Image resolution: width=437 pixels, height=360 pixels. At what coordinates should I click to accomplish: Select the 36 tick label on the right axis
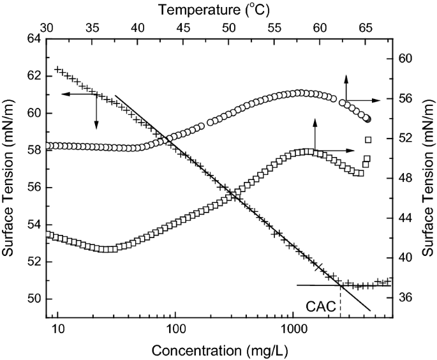(406, 297)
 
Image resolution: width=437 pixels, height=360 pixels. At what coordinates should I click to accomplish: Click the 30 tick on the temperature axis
(47, 28)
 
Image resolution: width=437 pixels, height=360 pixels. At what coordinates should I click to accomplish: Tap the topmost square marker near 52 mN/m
(368, 140)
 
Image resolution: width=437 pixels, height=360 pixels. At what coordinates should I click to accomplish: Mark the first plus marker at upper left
(58, 69)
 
